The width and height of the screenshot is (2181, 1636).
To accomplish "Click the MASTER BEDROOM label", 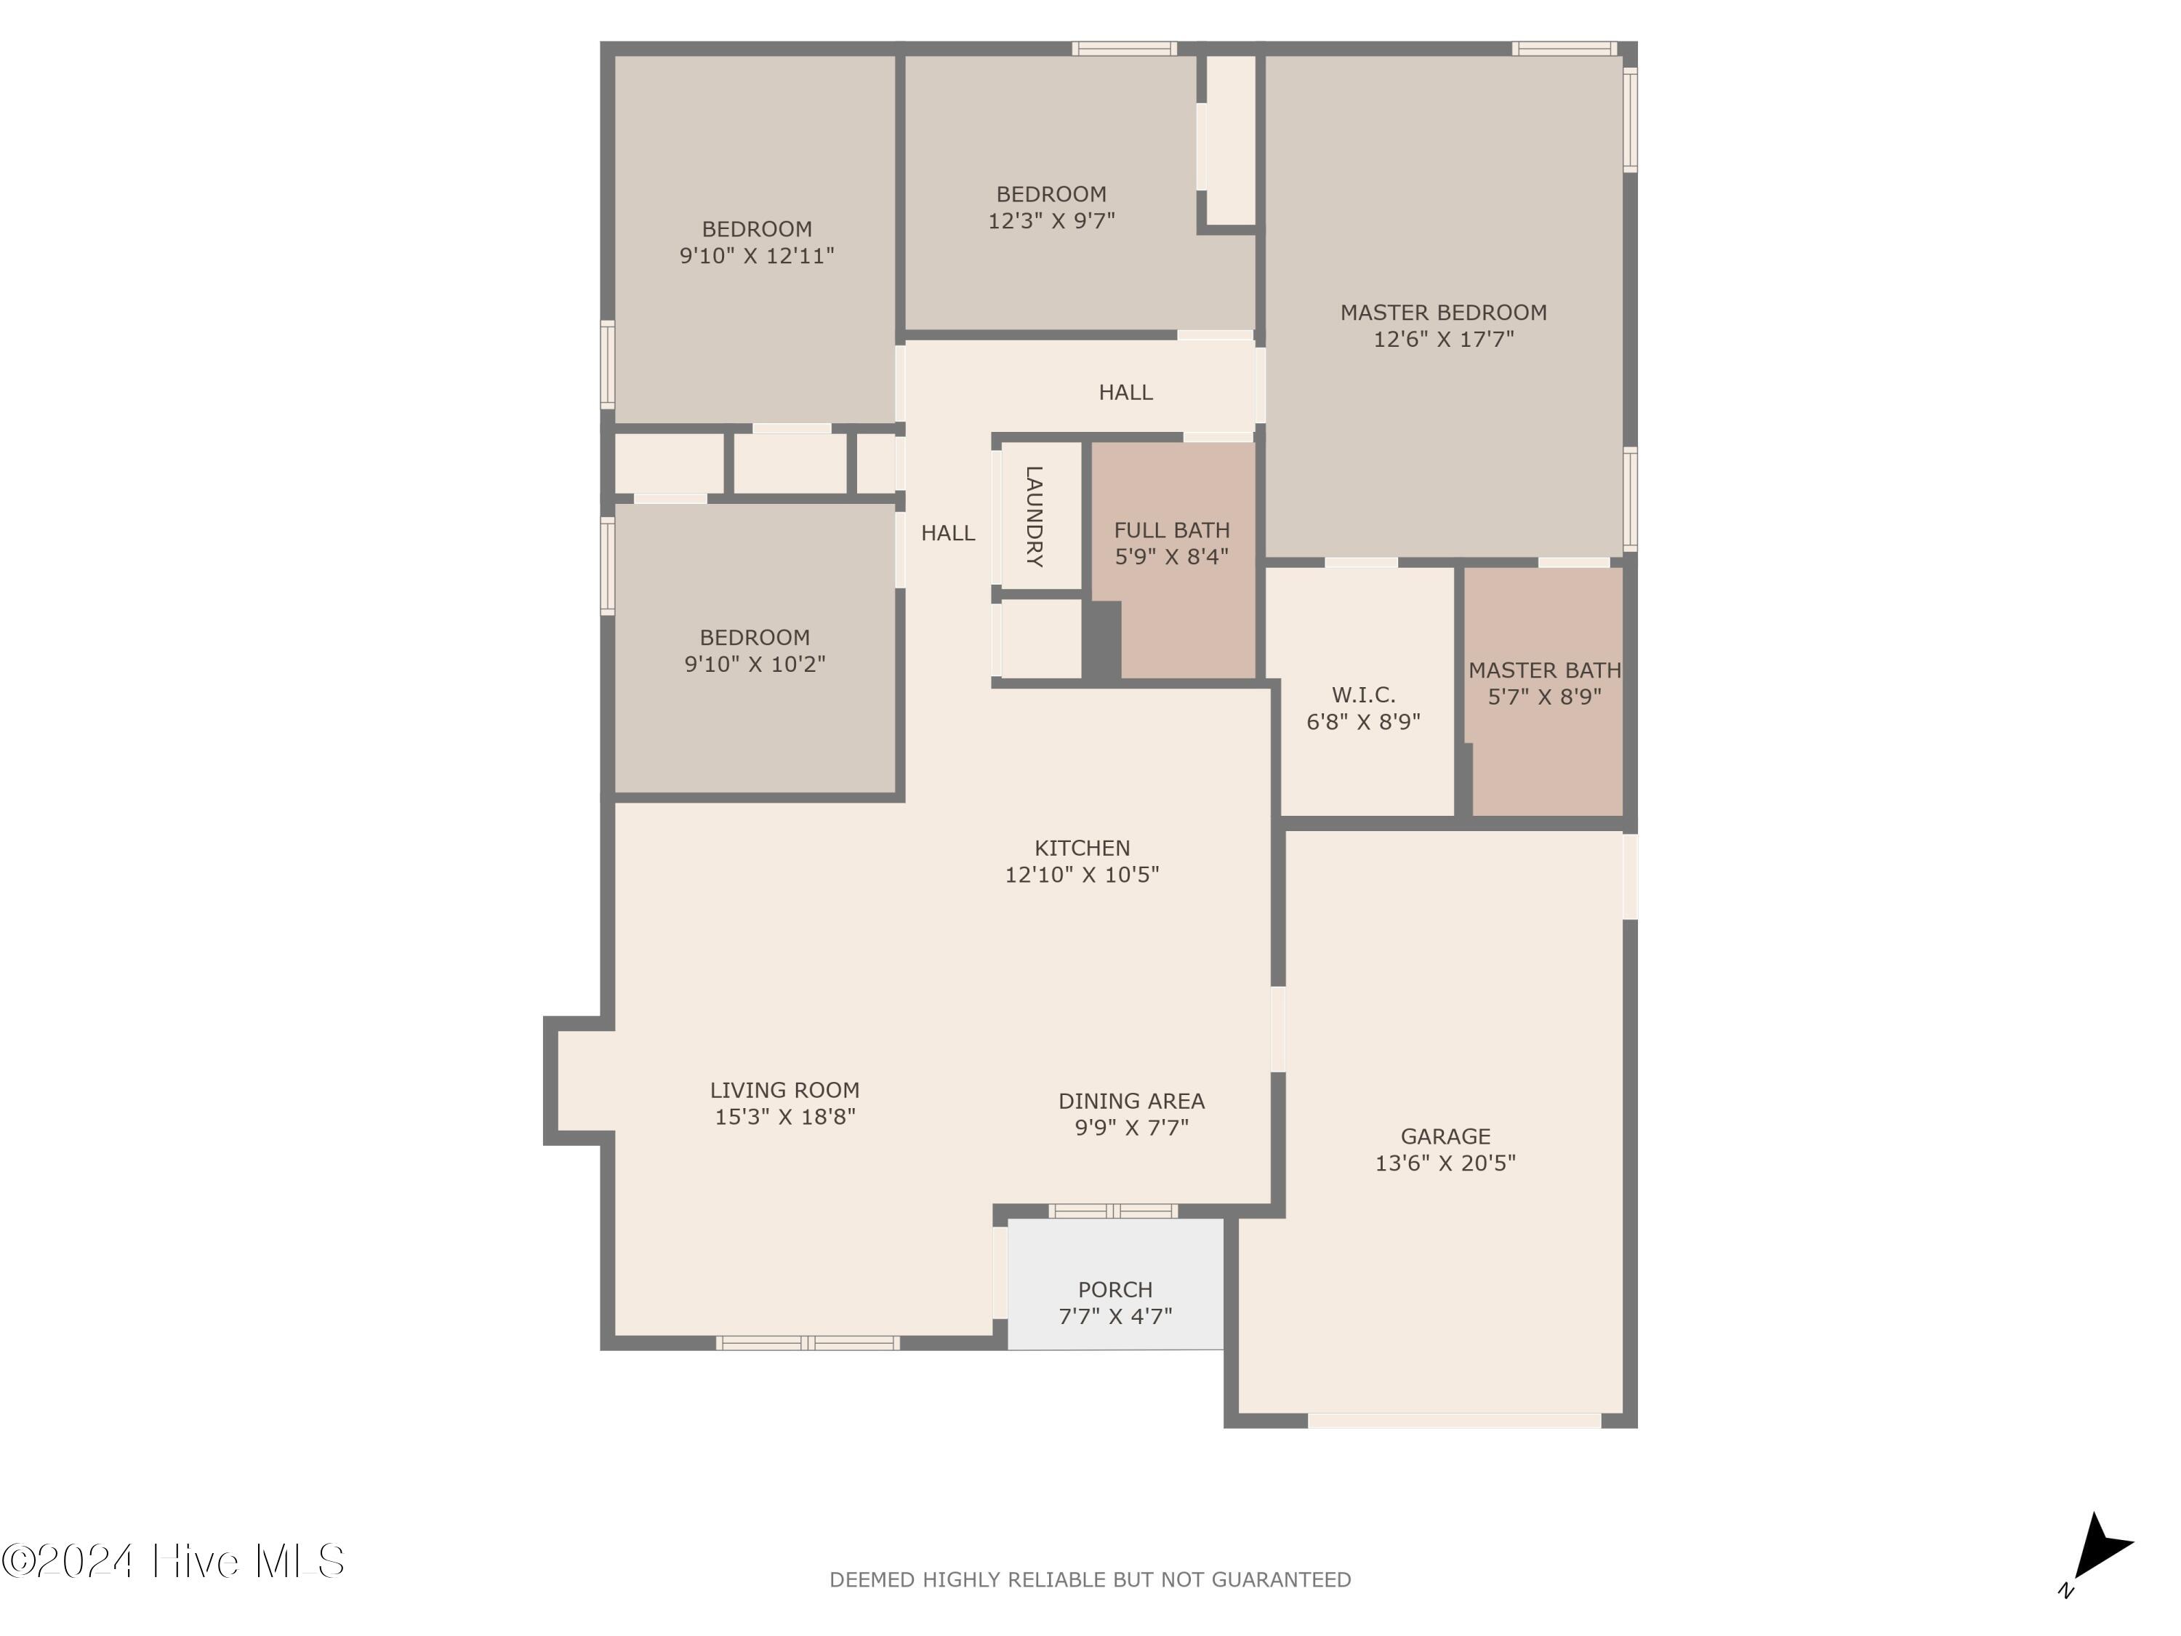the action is point(1444,313).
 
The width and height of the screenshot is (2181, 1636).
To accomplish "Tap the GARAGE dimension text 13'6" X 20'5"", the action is point(1445,1163).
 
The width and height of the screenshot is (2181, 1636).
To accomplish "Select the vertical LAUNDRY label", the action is point(1033,517).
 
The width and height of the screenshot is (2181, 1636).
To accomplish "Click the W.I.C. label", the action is point(1364,694).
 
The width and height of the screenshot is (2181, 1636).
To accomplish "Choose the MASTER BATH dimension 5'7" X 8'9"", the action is point(1544,697).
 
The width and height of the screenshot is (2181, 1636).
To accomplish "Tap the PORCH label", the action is point(1115,1289).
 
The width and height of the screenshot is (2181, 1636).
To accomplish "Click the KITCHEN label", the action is point(1083,848).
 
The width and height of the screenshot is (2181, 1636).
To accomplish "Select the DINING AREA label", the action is point(1132,1101).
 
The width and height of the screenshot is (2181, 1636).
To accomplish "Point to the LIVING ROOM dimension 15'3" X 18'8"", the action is point(785,1116).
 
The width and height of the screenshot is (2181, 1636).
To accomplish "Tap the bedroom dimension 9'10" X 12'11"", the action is point(758,255).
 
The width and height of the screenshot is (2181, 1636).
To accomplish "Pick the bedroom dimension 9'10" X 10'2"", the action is point(755,664).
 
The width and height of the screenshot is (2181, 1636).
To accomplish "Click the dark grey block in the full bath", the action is point(1102,640).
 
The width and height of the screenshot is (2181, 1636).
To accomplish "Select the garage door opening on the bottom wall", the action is point(1454,1420).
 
